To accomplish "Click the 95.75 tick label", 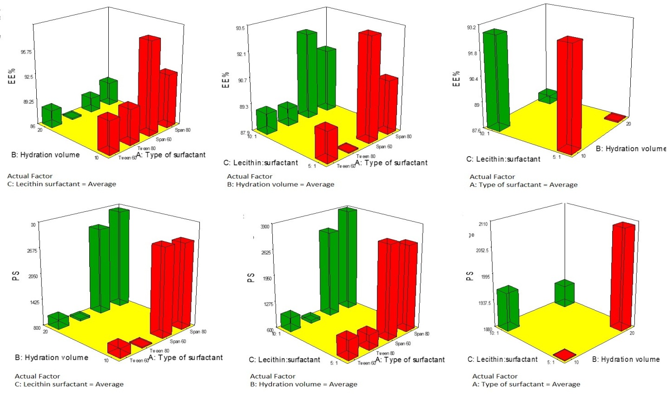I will (x=26, y=52).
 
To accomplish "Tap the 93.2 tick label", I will (x=472, y=27).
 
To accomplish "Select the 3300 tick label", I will (x=265, y=227).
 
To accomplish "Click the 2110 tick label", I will (x=482, y=224).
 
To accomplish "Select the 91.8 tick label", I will (x=473, y=53).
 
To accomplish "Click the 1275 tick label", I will (x=266, y=304).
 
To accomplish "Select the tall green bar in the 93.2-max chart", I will (x=495, y=79).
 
